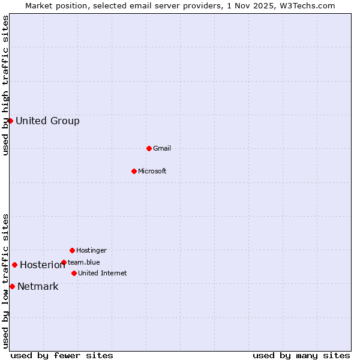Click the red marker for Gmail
[149, 148]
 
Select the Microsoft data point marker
[134, 171]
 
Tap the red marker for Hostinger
[72, 250]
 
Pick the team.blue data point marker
[64, 262]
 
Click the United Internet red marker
[74, 273]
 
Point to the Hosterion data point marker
[14, 265]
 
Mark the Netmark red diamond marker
[12, 286]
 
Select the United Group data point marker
[10, 121]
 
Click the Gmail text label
[162, 148]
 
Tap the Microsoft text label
[152, 171]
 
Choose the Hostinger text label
[91, 250]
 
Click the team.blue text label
[84, 262]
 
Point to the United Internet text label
[103, 273]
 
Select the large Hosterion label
[43, 265]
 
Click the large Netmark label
[38, 286]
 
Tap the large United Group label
[47, 121]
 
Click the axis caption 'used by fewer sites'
[62, 355]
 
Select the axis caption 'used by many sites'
[301, 355]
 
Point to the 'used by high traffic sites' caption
[5, 85]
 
